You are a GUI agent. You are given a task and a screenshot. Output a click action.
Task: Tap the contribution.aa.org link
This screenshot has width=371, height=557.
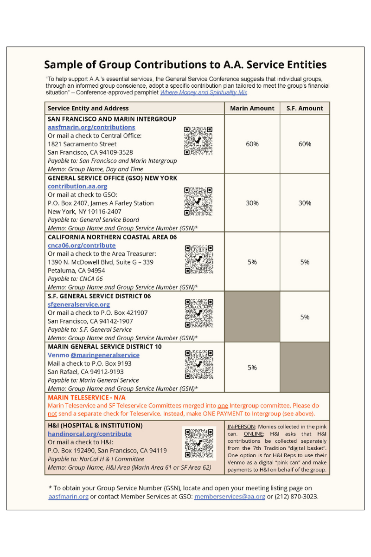click(77, 186)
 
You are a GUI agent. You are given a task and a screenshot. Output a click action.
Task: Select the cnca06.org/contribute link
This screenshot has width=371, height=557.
click(82, 245)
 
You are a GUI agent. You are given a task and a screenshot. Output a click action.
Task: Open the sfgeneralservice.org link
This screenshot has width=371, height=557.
click(79, 304)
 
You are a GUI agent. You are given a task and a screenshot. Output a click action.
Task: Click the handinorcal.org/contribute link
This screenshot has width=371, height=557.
click(90, 434)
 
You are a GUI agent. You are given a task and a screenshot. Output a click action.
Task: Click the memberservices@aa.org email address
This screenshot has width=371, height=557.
click(230, 496)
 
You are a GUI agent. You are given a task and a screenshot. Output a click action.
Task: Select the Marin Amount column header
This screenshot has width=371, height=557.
click(252, 108)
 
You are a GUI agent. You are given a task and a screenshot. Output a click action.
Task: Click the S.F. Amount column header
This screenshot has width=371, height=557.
click(305, 108)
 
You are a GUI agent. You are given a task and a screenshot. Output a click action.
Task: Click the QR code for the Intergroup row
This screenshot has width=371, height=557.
click(198, 140)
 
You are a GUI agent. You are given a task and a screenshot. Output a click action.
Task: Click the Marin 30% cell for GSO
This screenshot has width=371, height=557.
click(252, 203)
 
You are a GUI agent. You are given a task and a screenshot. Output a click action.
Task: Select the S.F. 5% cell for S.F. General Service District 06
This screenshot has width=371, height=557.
click(305, 317)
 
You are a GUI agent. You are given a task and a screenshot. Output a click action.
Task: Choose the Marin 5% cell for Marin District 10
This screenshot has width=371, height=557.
click(252, 368)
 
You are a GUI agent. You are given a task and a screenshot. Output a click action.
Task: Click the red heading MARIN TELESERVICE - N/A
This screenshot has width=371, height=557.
click(86, 397)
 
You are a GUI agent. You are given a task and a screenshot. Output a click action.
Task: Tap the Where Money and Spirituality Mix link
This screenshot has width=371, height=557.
click(204, 92)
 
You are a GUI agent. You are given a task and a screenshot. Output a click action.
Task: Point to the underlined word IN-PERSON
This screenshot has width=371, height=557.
click(241, 426)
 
